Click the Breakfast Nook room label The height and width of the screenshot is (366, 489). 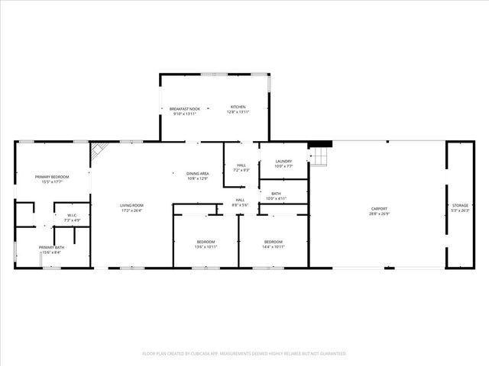tap(184, 108)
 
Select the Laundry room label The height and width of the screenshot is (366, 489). tap(283, 161)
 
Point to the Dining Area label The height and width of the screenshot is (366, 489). tap(199, 174)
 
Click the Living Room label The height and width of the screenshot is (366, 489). tap(131, 205)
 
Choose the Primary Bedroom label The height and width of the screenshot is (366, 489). tap(53, 177)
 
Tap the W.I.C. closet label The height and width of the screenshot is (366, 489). tap(72, 215)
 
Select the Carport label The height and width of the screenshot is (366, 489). tap(379, 208)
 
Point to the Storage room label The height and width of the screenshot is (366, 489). tap(459, 205)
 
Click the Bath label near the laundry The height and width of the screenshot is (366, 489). tap(276, 194)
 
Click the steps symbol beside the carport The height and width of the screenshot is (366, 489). tap(319, 156)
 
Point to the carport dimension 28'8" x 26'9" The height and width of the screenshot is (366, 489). tap(379, 213)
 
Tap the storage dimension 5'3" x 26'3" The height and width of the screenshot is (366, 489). tap(459, 210)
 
